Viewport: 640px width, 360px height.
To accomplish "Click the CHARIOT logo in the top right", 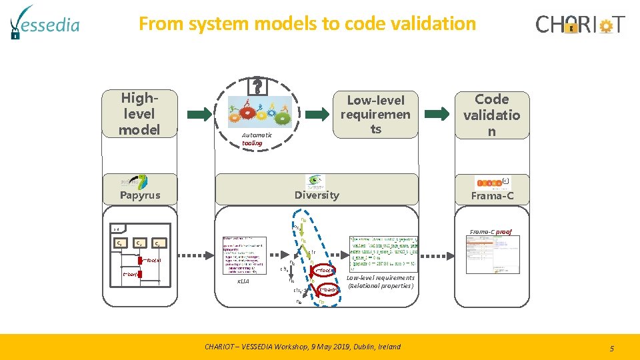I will [x=581, y=25].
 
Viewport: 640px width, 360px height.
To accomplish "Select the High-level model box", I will [x=139, y=114].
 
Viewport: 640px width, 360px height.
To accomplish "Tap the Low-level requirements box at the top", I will [x=375, y=115].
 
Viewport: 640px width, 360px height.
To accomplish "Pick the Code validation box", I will [x=491, y=115].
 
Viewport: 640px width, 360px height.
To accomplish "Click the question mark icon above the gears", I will [x=257, y=85].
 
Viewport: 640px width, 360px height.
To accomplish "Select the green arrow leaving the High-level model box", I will [x=201, y=114].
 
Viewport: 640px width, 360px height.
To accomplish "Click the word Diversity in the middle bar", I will [x=317, y=195].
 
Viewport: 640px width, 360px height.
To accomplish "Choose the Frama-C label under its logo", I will [x=492, y=196].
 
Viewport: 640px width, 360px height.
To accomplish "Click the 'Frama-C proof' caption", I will [x=491, y=231].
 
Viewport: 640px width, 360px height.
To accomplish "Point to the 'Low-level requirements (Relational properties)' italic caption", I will [x=380, y=282].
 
